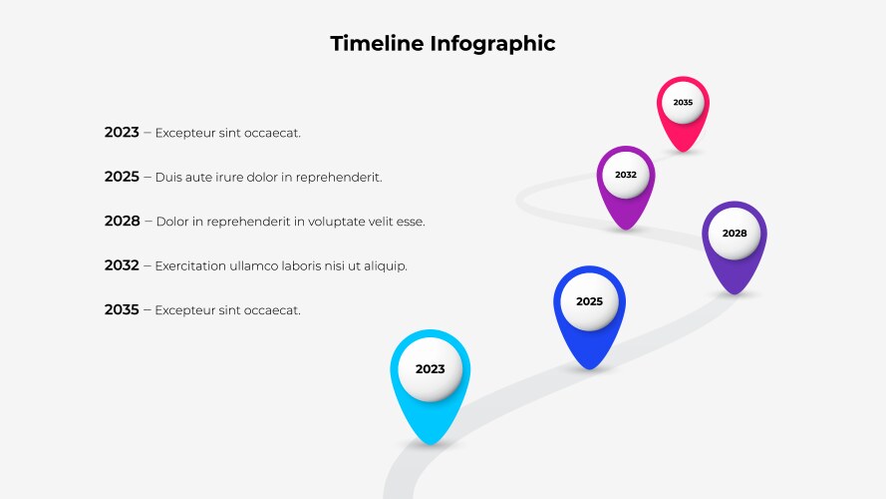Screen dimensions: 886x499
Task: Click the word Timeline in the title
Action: [x=377, y=44]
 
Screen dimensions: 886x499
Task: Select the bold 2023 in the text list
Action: [x=122, y=133]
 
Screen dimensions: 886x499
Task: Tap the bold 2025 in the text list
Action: [x=122, y=177]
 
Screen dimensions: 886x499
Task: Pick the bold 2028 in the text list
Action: [x=122, y=221]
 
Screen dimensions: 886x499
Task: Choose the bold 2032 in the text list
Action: [x=122, y=265]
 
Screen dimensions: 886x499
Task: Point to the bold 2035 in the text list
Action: [x=122, y=309]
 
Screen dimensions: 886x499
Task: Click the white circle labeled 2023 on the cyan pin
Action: [x=430, y=369]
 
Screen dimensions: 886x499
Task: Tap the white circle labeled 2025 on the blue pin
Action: [x=589, y=301]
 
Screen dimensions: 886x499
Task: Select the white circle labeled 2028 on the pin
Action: [x=735, y=234]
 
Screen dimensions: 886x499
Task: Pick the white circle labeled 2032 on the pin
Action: [x=626, y=175]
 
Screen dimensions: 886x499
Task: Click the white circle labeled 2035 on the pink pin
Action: [x=683, y=103]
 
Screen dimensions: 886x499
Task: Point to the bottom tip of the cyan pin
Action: [x=430, y=445]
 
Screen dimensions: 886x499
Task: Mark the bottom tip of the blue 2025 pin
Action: [x=589, y=369]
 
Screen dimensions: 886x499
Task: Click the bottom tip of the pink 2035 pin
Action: [x=683, y=152]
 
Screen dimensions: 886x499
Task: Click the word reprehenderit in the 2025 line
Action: [x=339, y=178]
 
